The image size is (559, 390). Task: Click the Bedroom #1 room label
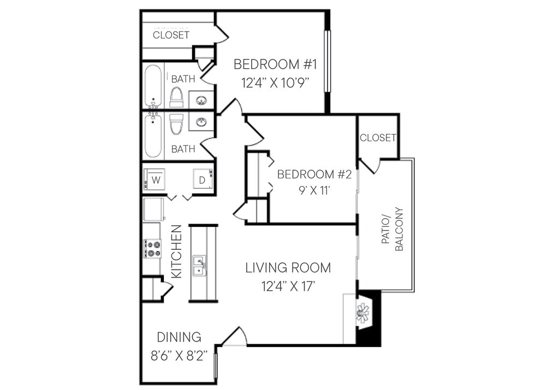pos(275,64)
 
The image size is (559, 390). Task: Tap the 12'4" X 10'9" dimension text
pos(275,83)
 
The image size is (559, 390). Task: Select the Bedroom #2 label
pos(314,174)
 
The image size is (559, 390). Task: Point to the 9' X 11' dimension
pos(314,190)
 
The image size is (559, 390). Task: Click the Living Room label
pos(288,267)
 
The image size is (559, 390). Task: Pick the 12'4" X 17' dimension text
pos(288,286)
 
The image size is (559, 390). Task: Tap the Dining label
pos(179,337)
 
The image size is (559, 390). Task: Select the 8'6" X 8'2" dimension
pos(179,356)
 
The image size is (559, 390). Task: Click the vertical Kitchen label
pos(177,251)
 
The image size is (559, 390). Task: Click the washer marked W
pos(154,179)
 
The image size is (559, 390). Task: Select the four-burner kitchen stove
pos(152,249)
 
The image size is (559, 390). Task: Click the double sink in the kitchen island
pos(199,265)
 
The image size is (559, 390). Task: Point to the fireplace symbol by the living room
pos(363,313)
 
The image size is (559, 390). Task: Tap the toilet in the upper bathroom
pos(176,97)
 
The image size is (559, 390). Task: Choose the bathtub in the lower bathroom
pos(153,136)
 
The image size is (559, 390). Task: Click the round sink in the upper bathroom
pos(201,100)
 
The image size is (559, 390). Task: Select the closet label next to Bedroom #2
pos(378,137)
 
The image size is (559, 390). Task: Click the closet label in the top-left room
pos(171,35)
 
